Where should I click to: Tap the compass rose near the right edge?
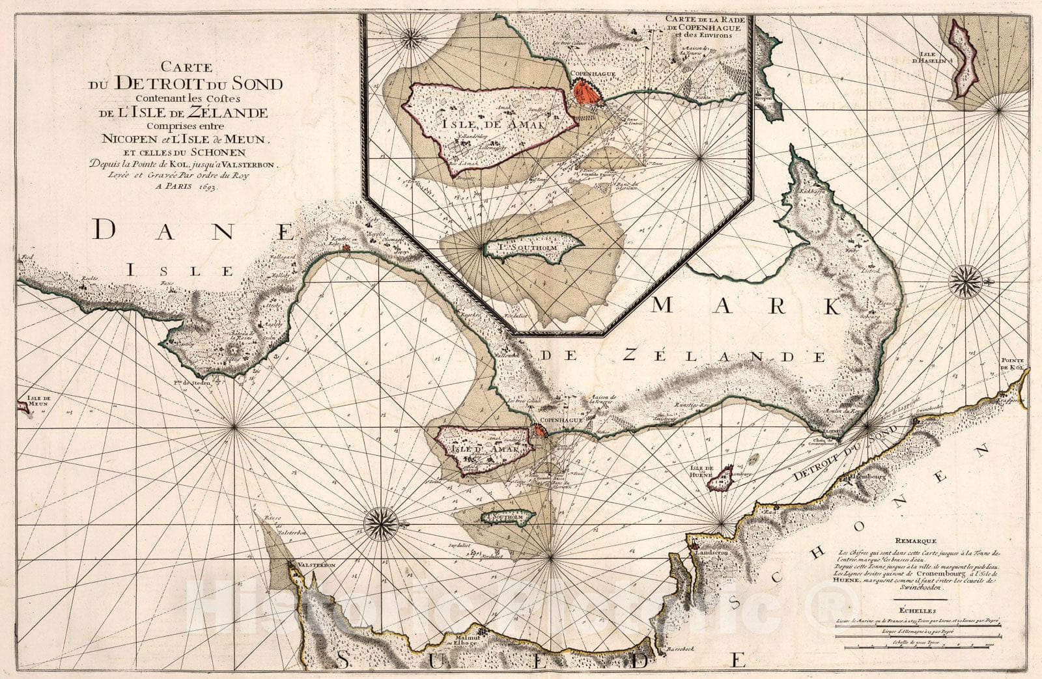pos(966,282)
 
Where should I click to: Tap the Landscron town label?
pos(716,551)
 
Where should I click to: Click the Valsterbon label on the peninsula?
pos(316,566)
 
